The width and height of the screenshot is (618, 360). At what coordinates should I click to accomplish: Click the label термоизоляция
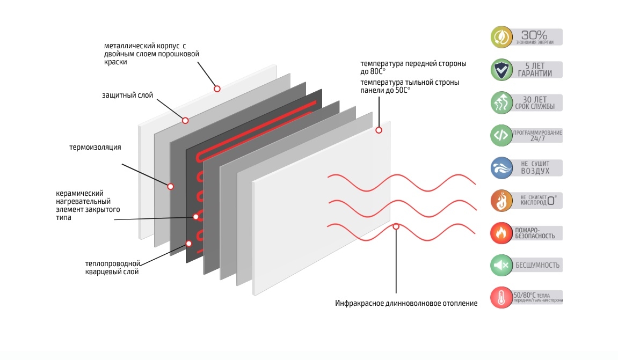click(95, 147)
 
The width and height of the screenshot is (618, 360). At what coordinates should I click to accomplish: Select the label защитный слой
click(127, 95)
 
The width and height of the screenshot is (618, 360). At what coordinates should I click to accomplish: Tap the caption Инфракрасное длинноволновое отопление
click(406, 304)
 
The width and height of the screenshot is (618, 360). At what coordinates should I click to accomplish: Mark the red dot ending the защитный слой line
click(185, 120)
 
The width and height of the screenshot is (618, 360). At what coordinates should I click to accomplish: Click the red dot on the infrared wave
click(396, 226)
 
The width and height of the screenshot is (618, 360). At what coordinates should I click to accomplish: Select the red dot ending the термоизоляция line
click(170, 186)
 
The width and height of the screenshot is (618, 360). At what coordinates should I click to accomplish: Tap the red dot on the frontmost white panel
click(379, 130)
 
